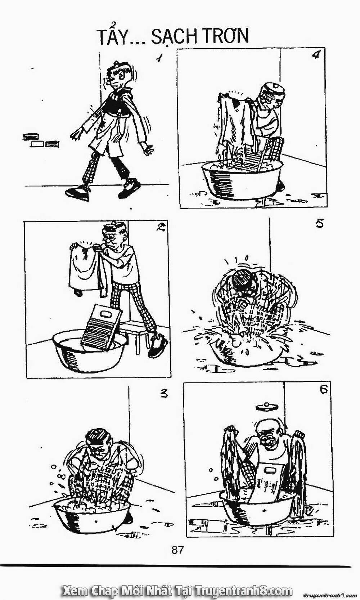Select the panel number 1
160,58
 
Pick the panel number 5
319,224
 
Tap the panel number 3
163,394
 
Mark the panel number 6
323,390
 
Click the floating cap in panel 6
266,407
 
